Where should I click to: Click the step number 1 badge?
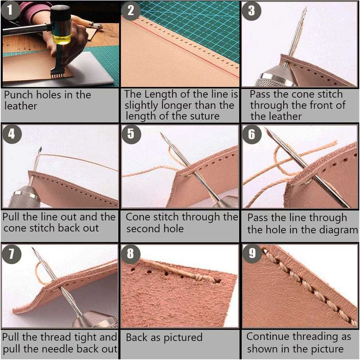coord(10,10)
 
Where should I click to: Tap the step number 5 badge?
coord(131,134)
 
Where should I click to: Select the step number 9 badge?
coord(252,253)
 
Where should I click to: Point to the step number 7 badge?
coord(11,254)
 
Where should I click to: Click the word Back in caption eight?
coord(136,337)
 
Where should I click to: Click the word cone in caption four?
coord(14,228)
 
